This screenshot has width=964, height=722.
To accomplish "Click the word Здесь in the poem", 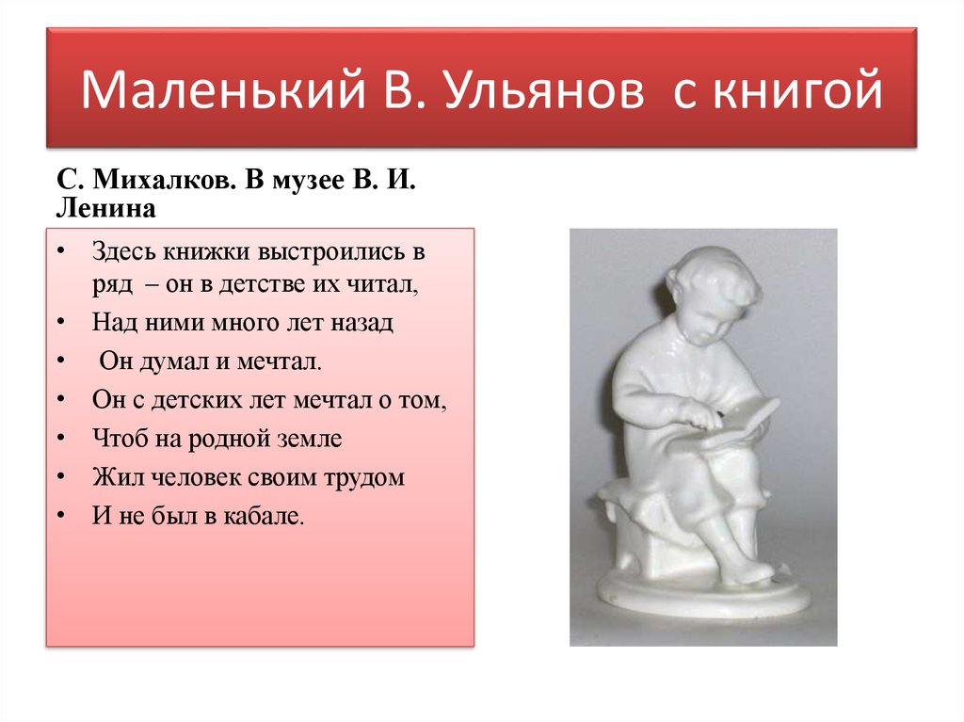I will point(122,252).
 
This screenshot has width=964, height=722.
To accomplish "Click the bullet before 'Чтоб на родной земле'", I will point(59,439).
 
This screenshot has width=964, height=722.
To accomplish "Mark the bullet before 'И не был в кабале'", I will point(59,517).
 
